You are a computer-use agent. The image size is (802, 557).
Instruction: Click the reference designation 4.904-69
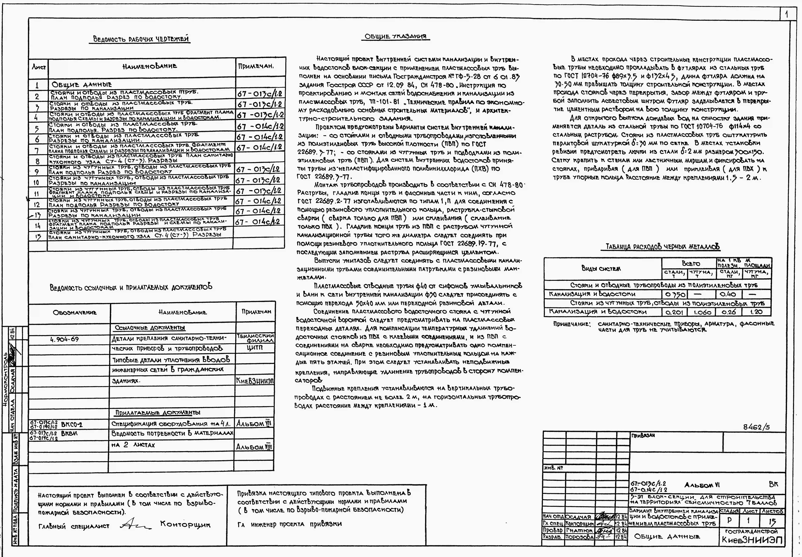65,339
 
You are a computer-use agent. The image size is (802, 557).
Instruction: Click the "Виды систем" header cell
601,268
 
